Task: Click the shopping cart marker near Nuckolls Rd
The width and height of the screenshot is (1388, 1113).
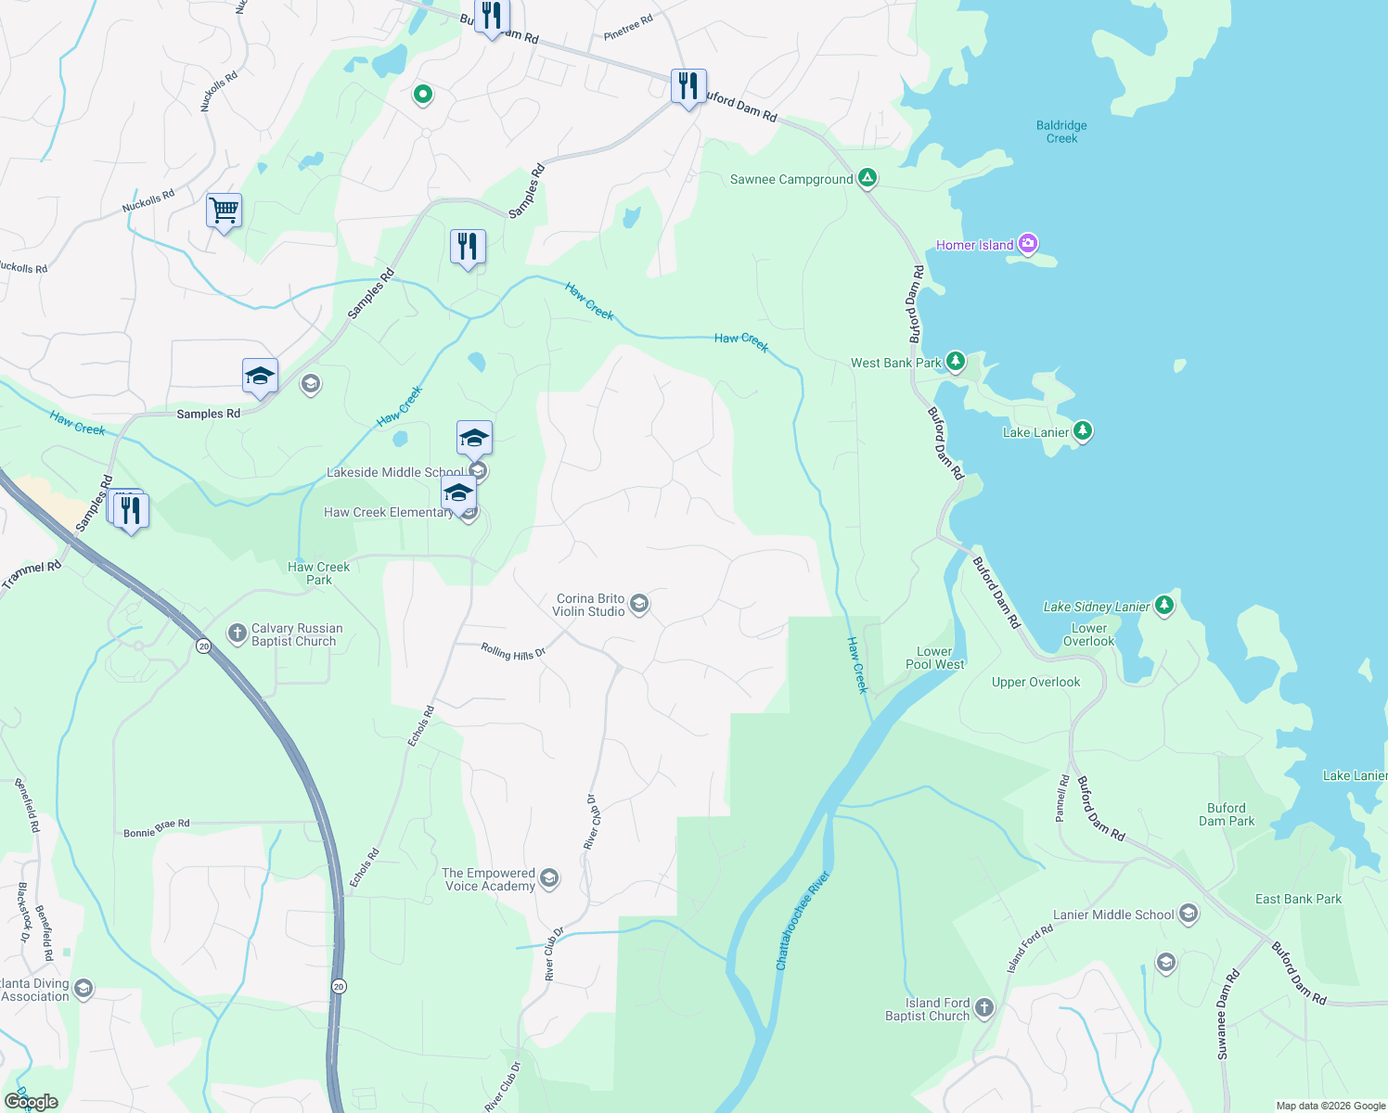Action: tap(224, 211)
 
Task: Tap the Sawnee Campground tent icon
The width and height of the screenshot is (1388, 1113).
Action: tap(867, 178)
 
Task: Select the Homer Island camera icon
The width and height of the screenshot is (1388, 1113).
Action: tap(1027, 245)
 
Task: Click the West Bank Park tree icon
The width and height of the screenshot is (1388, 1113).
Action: tap(955, 362)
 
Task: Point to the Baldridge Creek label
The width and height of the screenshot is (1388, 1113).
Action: tap(1061, 132)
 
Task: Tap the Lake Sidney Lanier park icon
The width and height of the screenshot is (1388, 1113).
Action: tap(1164, 607)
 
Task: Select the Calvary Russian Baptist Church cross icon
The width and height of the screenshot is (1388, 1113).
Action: tap(237, 634)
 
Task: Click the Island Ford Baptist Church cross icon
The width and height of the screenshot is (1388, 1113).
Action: tap(984, 1008)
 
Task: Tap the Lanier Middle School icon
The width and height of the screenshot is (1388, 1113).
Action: tap(1189, 915)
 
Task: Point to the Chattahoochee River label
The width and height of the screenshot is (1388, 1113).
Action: tap(802, 920)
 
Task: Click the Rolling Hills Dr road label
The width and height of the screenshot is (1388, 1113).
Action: tap(513, 652)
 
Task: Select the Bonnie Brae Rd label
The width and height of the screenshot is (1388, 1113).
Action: tap(157, 828)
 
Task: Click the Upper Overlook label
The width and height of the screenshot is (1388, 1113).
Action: tap(1035, 683)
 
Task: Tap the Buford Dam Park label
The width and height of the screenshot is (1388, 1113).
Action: tap(1227, 814)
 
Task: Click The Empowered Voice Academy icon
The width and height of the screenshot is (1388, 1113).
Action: tap(549, 879)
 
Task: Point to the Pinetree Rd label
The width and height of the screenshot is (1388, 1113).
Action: tap(628, 28)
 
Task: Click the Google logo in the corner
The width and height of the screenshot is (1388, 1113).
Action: tap(31, 1102)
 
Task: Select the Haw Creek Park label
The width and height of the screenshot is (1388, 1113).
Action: tap(319, 573)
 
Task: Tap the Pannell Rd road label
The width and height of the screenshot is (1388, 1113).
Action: tap(1062, 798)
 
